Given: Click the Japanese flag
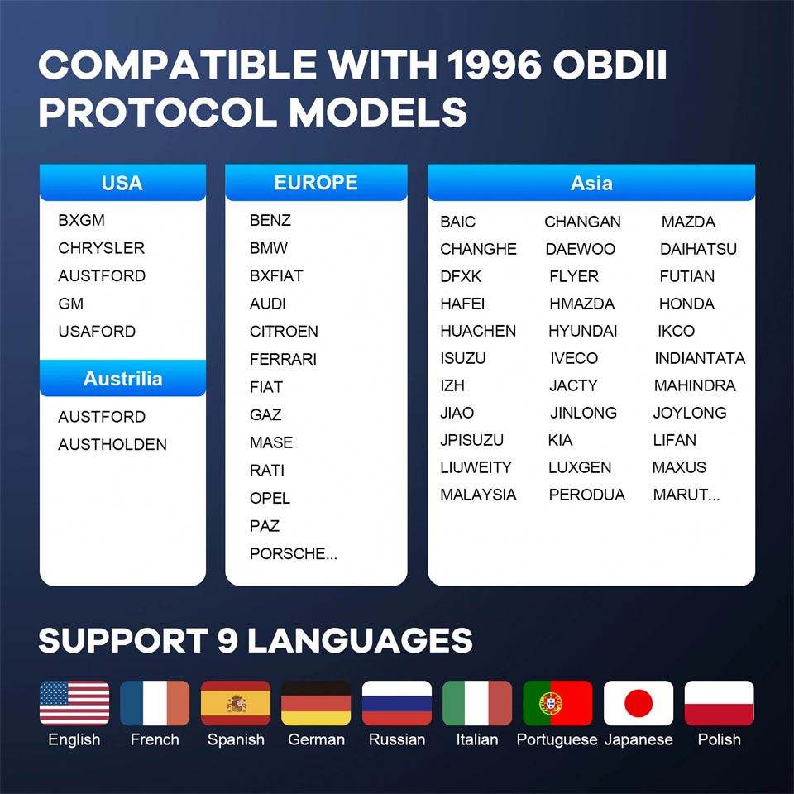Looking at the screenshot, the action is click(x=639, y=703).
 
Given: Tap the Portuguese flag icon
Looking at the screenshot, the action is click(x=557, y=703).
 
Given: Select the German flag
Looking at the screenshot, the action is click(x=316, y=703).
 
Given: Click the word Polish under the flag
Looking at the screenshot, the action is click(x=719, y=739).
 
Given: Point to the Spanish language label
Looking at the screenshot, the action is click(x=236, y=739).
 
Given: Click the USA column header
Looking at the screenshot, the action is click(x=122, y=183).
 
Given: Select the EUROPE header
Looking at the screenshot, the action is click(x=316, y=182).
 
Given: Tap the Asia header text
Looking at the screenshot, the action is click(x=591, y=183).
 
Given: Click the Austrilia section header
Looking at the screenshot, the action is click(x=122, y=378).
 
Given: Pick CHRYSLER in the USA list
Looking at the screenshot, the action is click(x=101, y=248).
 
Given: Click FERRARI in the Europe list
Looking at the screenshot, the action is click(x=283, y=359).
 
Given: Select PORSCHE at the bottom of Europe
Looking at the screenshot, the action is click(x=293, y=553).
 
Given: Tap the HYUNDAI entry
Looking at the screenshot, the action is click(x=583, y=331).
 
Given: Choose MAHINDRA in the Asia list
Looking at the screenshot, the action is click(x=695, y=385).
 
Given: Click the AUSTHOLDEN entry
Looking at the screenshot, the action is click(x=112, y=445).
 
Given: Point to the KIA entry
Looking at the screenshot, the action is click(x=560, y=440).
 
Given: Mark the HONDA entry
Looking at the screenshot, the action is click(x=686, y=304).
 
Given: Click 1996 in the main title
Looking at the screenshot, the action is click(x=495, y=65).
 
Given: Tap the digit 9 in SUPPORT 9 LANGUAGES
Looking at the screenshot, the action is click(x=228, y=640).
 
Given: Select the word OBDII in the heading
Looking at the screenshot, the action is click(x=610, y=65).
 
